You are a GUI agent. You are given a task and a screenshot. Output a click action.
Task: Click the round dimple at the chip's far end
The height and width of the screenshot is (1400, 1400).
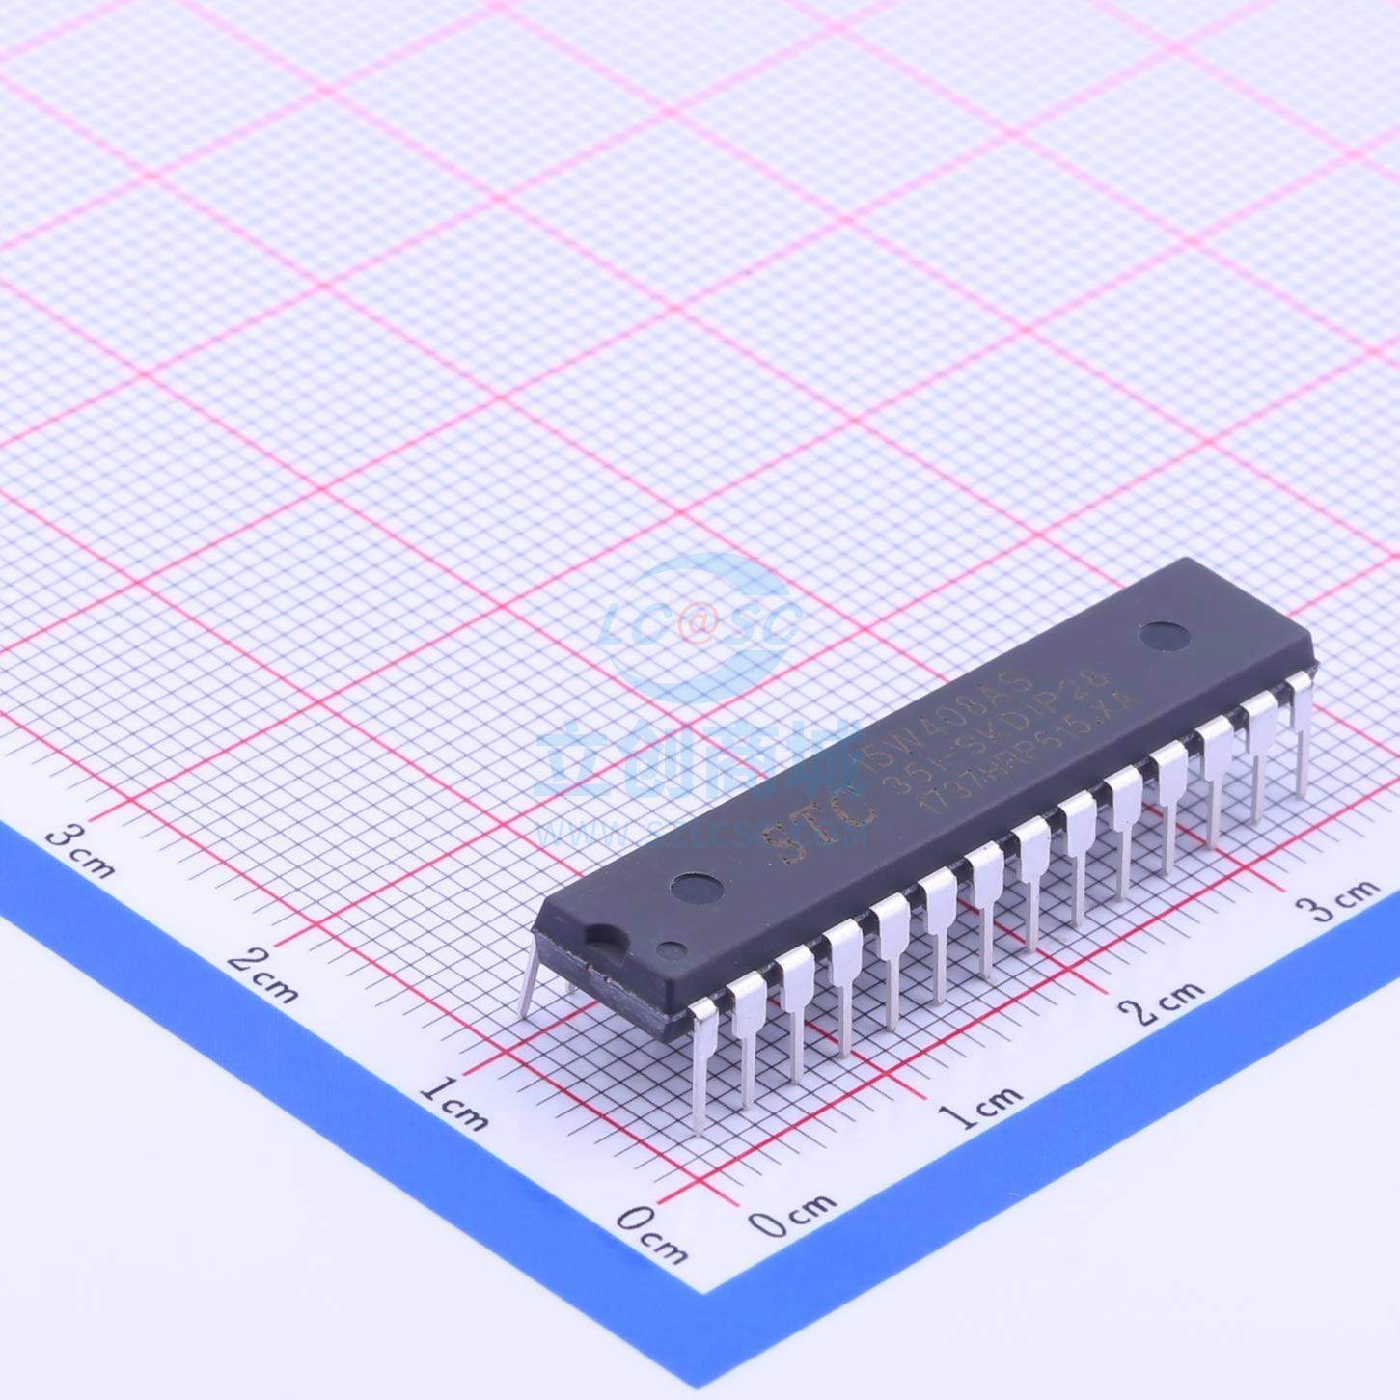pyautogui.click(x=1164, y=635)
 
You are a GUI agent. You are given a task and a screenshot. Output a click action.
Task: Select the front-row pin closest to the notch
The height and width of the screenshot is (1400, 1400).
pyautogui.click(x=701, y=1061)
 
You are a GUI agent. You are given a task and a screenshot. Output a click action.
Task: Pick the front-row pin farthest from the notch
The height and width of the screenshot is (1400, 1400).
pyautogui.click(x=1300, y=733)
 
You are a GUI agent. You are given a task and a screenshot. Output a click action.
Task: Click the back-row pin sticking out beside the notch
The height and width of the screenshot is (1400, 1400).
pyautogui.click(x=530, y=979)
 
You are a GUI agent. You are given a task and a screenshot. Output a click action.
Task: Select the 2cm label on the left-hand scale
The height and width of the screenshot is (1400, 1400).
pyautogui.click(x=263, y=975)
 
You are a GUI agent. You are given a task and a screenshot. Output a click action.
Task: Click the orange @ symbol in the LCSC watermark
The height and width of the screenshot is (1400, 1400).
pyautogui.click(x=697, y=624)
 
